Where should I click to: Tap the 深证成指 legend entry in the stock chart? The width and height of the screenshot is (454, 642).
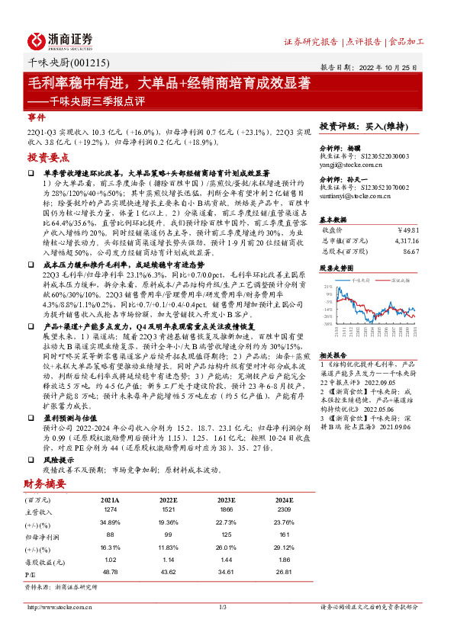click(x=401, y=281)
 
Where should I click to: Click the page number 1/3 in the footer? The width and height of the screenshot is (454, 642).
click(x=224, y=607)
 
